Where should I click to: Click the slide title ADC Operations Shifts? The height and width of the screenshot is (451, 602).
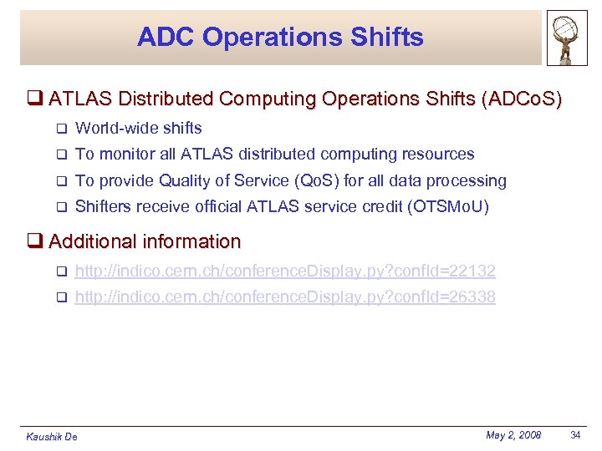point(281,37)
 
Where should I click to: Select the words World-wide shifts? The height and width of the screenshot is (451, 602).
point(139,128)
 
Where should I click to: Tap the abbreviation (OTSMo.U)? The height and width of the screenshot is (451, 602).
point(447,206)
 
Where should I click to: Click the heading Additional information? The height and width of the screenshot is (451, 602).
point(145,241)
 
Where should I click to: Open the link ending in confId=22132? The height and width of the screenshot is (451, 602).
point(285,271)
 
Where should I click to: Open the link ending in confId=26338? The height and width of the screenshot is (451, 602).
point(285,296)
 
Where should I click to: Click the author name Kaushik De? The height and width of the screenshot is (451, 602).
point(52,437)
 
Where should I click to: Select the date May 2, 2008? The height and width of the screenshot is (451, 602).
point(513,435)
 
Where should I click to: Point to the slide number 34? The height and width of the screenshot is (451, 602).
point(575,435)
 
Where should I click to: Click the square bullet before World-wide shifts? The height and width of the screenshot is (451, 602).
point(60,129)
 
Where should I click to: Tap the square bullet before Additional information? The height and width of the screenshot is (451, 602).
point(34,241)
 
